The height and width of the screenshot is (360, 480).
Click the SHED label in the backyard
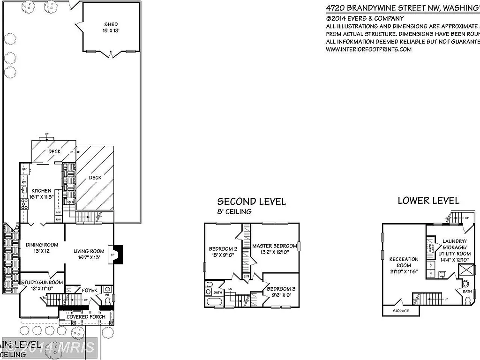[111, 24]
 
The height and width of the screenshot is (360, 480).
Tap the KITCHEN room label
[42, 191]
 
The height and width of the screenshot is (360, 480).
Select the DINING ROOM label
[42, 245]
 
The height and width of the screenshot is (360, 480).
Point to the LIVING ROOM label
[89, 251]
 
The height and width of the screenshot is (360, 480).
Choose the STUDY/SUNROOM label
[42, 282]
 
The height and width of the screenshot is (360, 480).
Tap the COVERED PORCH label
[86, 317]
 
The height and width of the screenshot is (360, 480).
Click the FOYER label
[90, 291]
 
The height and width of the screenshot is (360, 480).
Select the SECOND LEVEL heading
[251, 202]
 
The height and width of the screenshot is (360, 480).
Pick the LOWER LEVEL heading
[428, 201]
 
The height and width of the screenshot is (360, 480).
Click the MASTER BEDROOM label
[275, 246]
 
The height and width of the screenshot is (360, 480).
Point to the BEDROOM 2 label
[223, 249]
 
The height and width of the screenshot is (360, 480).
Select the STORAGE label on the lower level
[400, 311]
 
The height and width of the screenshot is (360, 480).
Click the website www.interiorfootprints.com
[368, 49]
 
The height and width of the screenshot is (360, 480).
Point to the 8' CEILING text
[234, 211]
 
